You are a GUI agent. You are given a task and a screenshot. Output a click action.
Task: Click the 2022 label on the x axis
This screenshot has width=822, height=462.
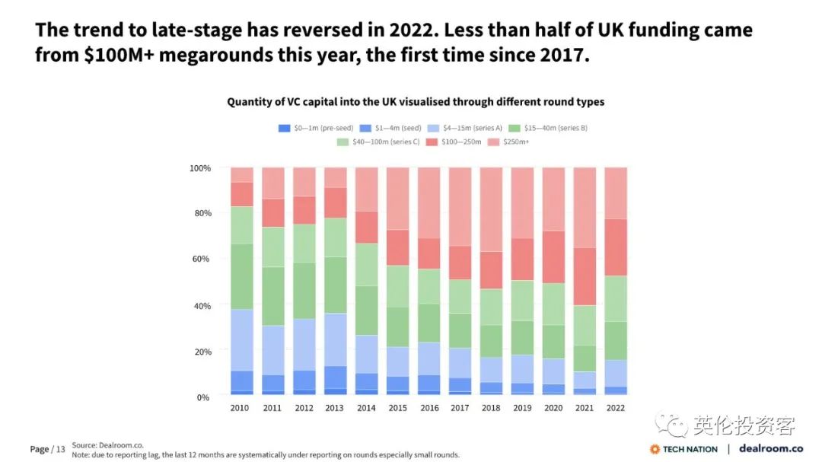click(615, 408)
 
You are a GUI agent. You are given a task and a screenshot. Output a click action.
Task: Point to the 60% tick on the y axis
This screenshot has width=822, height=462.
click(199, 259)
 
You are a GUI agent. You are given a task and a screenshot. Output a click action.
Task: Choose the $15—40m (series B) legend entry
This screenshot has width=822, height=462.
click(548, 128)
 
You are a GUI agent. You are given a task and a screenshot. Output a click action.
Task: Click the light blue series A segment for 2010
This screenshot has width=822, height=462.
click(241, 339)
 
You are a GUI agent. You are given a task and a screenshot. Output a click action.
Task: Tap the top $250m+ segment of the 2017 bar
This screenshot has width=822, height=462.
click(460, 206)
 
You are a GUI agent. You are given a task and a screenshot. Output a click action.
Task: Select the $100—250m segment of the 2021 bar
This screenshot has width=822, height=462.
click(585, 276)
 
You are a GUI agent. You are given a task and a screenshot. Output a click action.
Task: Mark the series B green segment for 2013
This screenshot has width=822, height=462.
click(335, 285)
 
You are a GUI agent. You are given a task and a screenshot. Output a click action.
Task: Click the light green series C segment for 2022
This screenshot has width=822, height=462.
click(615, 298)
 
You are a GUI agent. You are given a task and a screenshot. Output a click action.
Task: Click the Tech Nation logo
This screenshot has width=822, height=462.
click(683, 449)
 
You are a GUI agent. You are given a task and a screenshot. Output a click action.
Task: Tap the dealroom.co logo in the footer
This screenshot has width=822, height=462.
click(771, 448)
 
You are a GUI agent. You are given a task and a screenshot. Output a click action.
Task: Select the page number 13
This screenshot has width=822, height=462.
click(60, 449)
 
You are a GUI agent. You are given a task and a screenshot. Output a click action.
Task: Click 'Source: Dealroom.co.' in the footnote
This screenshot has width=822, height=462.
click(107, 444)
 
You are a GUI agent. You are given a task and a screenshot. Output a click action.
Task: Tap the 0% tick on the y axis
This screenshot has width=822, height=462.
click(202, 397)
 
